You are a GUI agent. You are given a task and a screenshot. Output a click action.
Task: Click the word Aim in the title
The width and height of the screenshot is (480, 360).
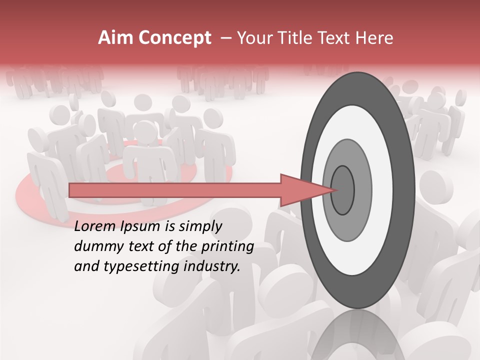pyautogui.click(x=114, y=38)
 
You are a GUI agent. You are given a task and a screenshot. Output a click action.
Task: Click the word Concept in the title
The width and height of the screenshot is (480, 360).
pyautogui.click(x=173, y=38)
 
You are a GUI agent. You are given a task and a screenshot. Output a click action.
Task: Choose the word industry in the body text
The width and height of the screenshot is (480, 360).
pyautogui.click(x=211, y=266)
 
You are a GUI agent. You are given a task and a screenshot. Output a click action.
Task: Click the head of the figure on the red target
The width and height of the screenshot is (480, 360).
pyautogui.click(x=145, y=131)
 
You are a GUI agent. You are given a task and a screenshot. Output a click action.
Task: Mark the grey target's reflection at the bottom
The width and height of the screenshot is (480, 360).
pyautogui.click(x=357, y=335)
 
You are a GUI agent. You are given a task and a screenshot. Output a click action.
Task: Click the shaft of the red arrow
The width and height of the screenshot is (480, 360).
pyautogui.click(x=175, y=190)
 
